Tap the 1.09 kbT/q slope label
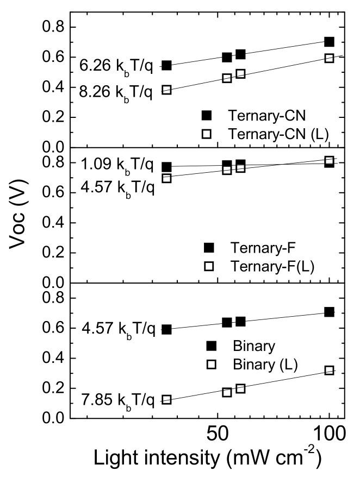[117, 164]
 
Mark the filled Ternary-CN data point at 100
[329, 42]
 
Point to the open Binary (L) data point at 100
[329, 371]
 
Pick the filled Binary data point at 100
[329, 312]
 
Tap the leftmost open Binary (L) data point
[167, 400]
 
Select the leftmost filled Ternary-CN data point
[167, 66]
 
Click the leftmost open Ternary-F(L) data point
[167, 178]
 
